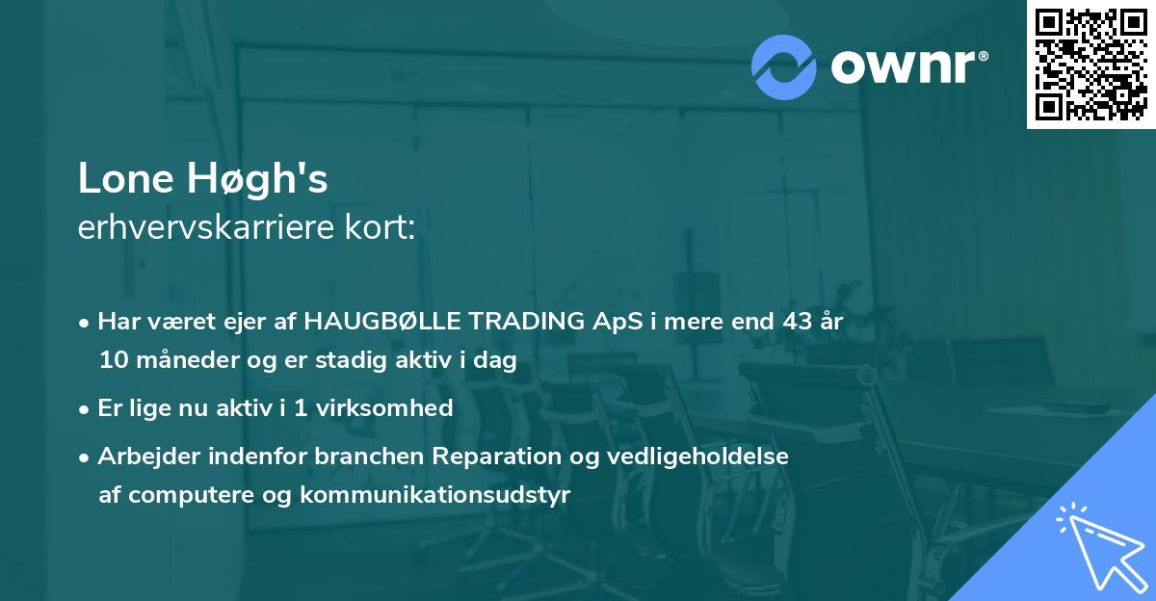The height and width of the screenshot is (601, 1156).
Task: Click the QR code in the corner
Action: coord(1090,64)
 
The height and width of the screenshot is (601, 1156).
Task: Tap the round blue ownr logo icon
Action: coord(784,66)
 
